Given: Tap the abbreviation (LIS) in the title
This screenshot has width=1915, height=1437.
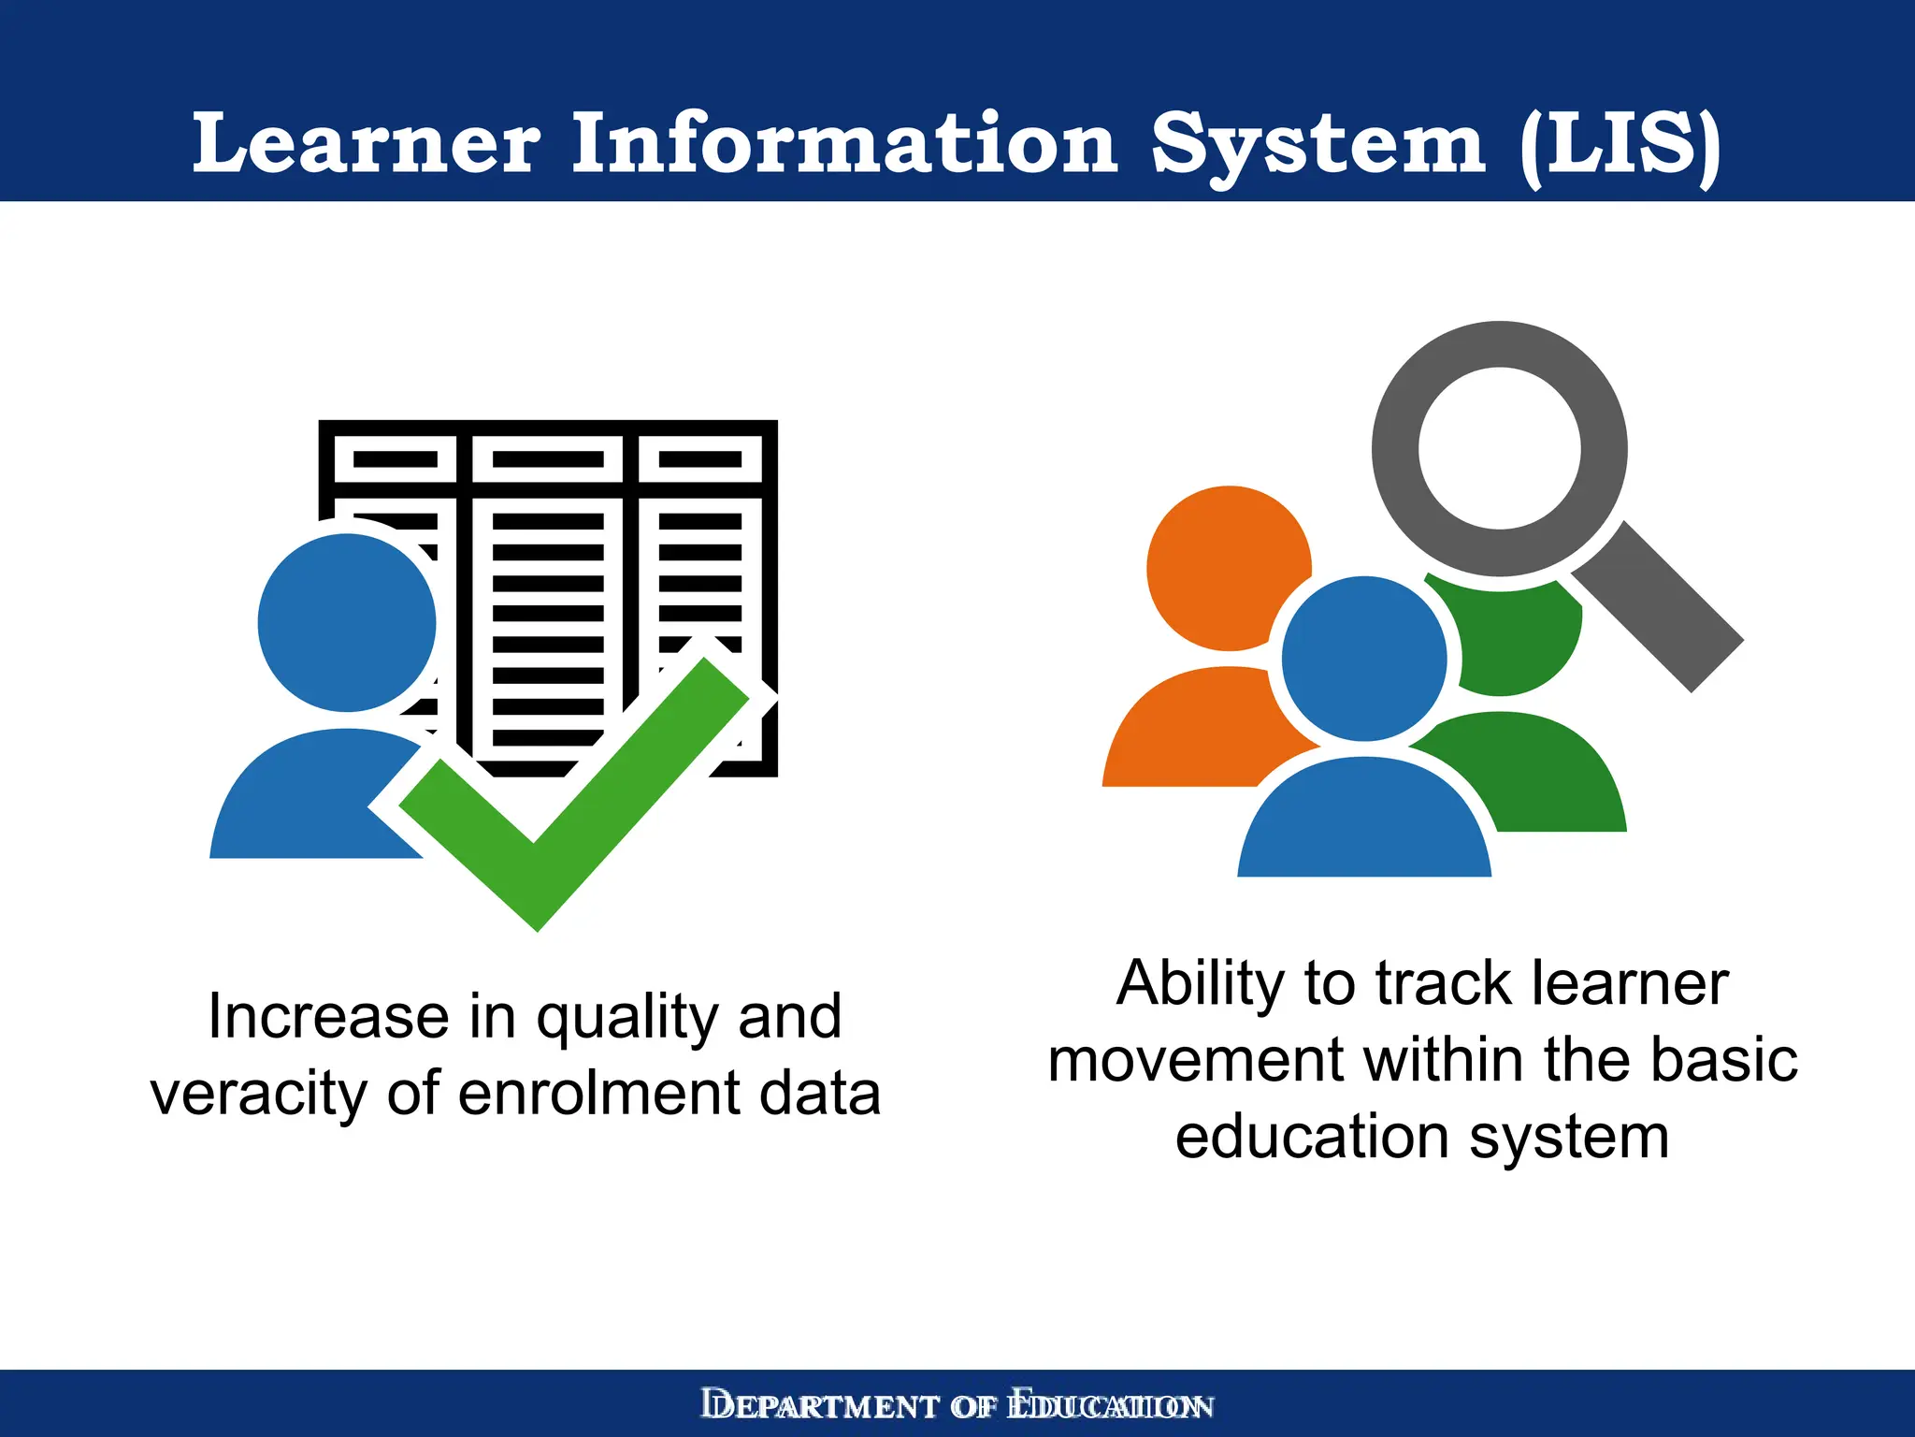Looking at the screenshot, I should point(1620,145).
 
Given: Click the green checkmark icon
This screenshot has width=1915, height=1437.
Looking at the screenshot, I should point(572,795).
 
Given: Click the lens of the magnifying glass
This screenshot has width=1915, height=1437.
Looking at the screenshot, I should point(1499,448).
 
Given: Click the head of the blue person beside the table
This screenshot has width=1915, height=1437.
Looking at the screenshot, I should point(347,622).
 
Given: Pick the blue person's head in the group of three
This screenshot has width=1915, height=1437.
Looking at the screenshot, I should point(1364,659).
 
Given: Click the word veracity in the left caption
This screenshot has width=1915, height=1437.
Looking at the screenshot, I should point(259,1094).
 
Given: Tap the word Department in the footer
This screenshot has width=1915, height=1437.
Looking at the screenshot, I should point(820,1406).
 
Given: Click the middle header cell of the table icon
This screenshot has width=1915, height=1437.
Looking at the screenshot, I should point(547,459).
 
